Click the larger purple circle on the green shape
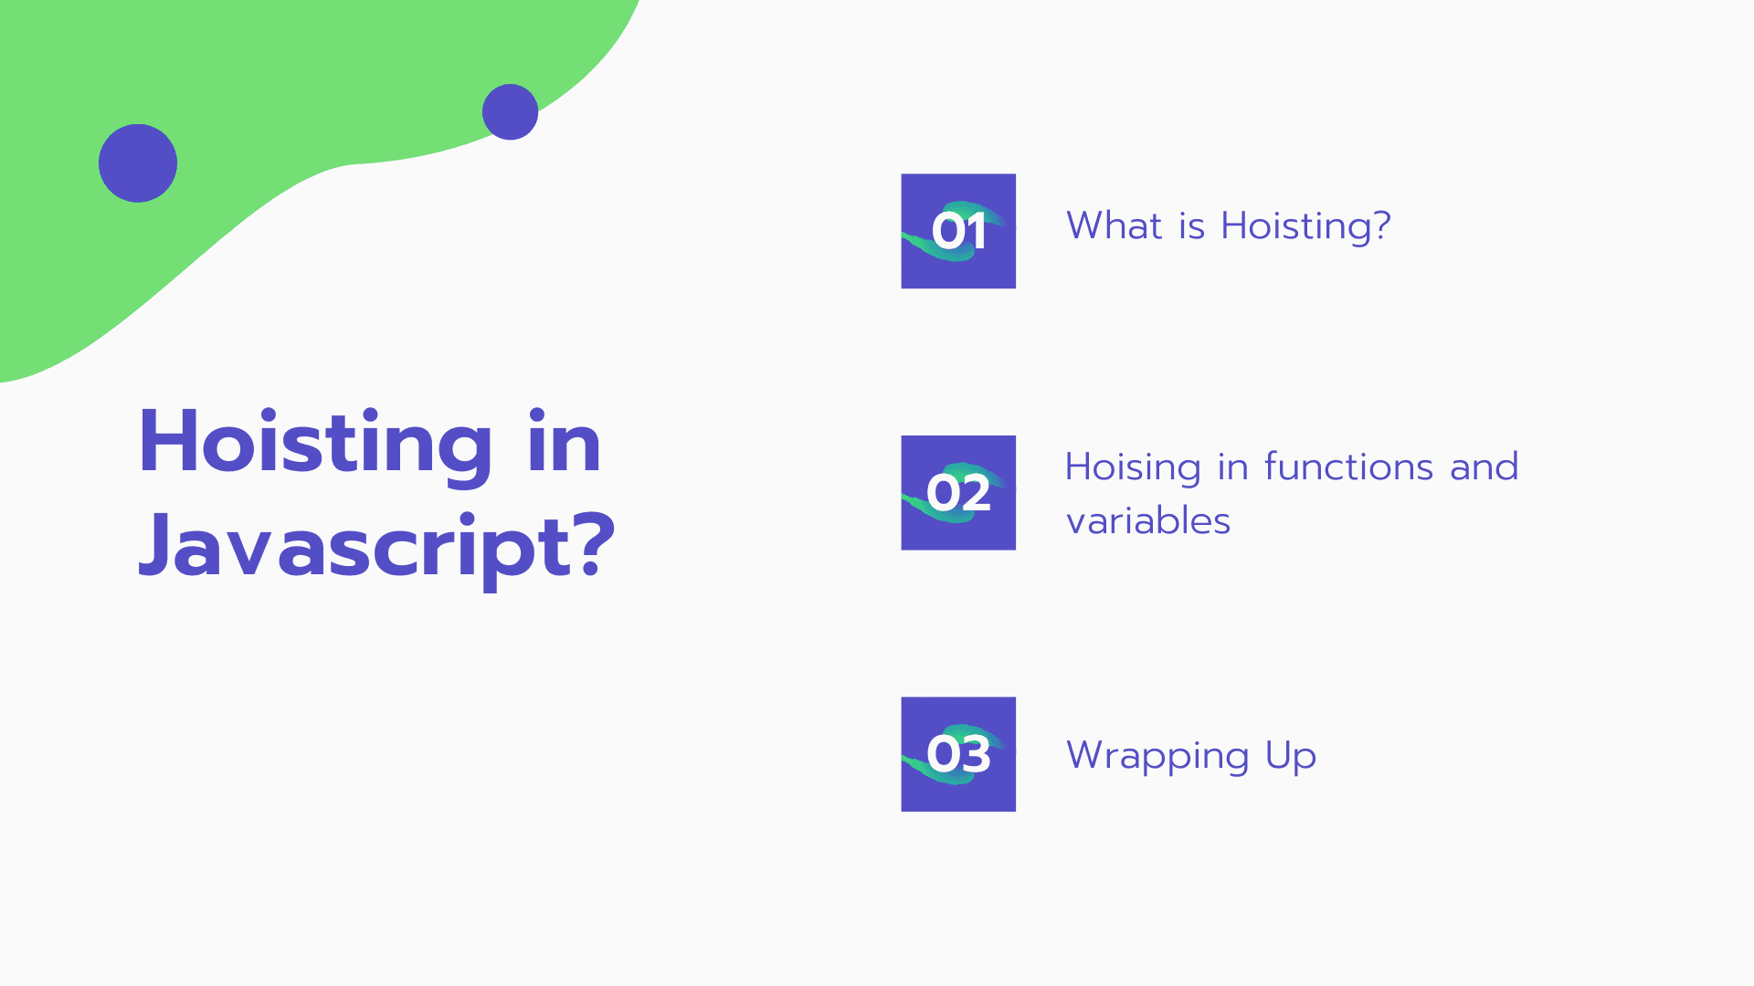tap(138, 163)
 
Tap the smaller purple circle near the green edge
tap(510, 112)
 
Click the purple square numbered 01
tap(958, 231)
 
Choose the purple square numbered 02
tap(958, 493)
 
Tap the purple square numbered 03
tap(958, 754)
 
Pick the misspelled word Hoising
tap(1133, 468)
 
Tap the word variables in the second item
tap(1148, 520)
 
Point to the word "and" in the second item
tap(1485, 467)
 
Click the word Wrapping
tap(1157, 757)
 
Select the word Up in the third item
tap(1291, 757)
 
